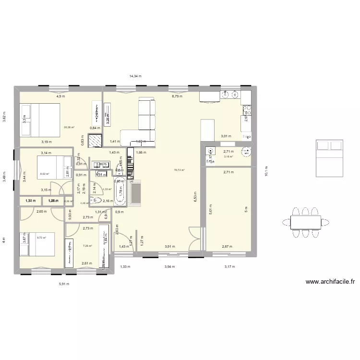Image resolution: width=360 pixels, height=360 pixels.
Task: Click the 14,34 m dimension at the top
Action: [x=135, y=76]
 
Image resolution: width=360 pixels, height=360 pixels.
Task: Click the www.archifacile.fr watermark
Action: [x=330, y=282]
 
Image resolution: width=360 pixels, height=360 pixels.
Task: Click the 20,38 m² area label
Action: [x=69, y=127]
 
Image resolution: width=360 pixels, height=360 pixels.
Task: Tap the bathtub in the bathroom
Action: [x=120, y=191]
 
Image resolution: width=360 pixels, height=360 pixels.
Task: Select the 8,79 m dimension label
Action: [x=177, y=96]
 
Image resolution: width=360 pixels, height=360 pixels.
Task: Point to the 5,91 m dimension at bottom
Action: [x=64, y=284]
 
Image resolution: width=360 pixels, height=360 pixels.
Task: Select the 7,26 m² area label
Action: [x=87, y=246]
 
